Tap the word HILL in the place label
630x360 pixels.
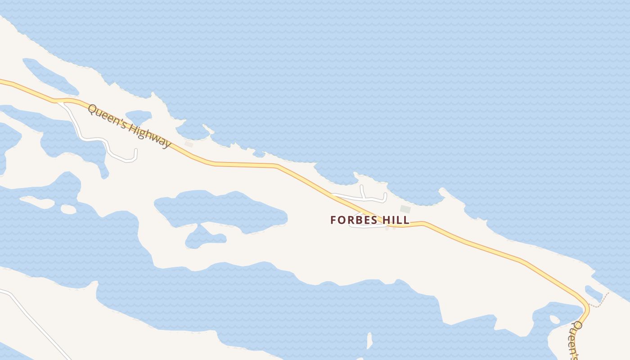[396, 220]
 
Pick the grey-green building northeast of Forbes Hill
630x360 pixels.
[405, 209]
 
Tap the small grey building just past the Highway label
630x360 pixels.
[189, 144]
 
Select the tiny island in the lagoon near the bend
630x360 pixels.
[555, 319]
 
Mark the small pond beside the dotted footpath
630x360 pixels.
[594, 293]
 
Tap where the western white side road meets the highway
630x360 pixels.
[59, 101]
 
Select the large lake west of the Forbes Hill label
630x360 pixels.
[220, 209]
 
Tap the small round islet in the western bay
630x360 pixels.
[68, 209]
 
